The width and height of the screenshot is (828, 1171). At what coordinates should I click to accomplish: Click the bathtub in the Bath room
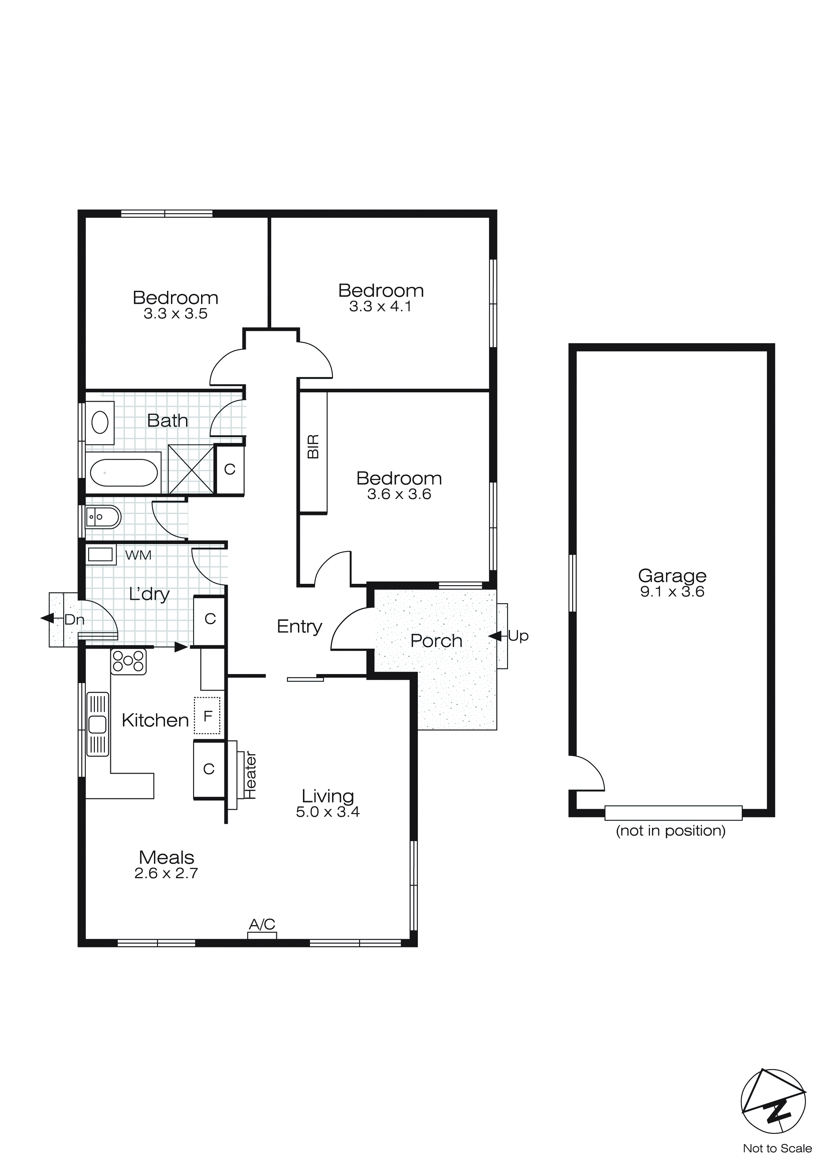124,473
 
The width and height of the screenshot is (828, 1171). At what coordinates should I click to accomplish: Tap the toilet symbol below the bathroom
103,517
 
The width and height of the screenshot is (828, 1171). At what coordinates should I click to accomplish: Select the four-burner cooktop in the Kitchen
129,662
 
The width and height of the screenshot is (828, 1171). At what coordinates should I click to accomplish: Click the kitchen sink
98,724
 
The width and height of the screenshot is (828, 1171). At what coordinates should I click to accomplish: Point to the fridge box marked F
207,716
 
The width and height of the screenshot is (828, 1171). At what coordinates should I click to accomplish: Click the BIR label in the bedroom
313,447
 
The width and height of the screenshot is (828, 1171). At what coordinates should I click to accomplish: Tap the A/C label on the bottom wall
262,924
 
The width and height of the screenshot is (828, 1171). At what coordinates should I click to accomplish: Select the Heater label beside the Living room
251,775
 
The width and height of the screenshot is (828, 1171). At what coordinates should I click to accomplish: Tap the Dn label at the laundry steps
74,620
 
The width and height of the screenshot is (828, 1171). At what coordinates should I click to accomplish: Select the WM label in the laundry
138,555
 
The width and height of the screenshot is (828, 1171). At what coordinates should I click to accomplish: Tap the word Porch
436,641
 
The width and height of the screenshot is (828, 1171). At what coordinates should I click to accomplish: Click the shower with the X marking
191,469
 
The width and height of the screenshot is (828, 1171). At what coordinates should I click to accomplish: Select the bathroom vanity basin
100,422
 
